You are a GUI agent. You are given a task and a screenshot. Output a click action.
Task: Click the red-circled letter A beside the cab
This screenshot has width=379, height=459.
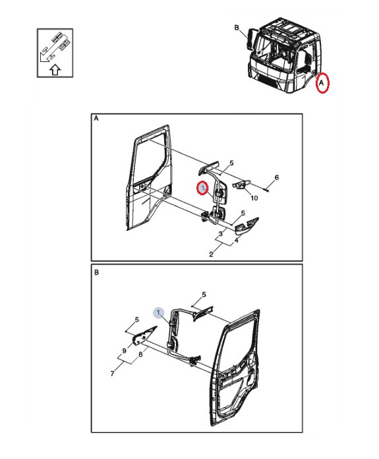[x=322, y=83]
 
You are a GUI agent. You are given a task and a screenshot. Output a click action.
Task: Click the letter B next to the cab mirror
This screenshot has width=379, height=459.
[x=237, y=28]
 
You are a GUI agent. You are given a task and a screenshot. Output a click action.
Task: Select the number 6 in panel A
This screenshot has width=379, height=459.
[x=277, y=177]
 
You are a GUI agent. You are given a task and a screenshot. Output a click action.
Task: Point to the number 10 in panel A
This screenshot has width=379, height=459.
[x=254, y=198]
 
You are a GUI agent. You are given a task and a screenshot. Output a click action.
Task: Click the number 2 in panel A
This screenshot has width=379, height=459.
[x=212, y=254]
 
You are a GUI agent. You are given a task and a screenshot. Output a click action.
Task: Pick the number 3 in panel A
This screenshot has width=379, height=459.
[x=221, y=233]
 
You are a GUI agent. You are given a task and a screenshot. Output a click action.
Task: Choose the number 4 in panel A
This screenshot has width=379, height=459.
[x=236, y=240]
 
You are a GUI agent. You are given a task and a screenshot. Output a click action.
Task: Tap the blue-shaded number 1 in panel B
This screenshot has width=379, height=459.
[x=159, y=313]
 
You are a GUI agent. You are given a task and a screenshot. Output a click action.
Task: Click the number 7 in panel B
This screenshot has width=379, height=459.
[x=113, y=373]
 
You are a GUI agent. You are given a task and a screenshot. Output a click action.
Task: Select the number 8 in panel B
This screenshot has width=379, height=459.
[x=141, y=354]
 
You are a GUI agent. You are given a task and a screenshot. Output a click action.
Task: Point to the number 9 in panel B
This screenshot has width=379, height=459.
[x=124, y=350]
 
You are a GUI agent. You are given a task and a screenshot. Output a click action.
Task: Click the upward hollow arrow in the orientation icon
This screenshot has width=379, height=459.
[x=55, y=70]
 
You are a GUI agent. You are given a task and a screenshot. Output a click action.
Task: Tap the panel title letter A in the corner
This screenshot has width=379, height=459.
[x=96, y=119]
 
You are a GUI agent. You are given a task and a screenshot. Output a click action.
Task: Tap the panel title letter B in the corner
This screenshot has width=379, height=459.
[x=96, y=272]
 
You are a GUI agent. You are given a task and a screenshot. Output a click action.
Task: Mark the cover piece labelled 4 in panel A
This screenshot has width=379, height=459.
[x=247, y=226]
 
